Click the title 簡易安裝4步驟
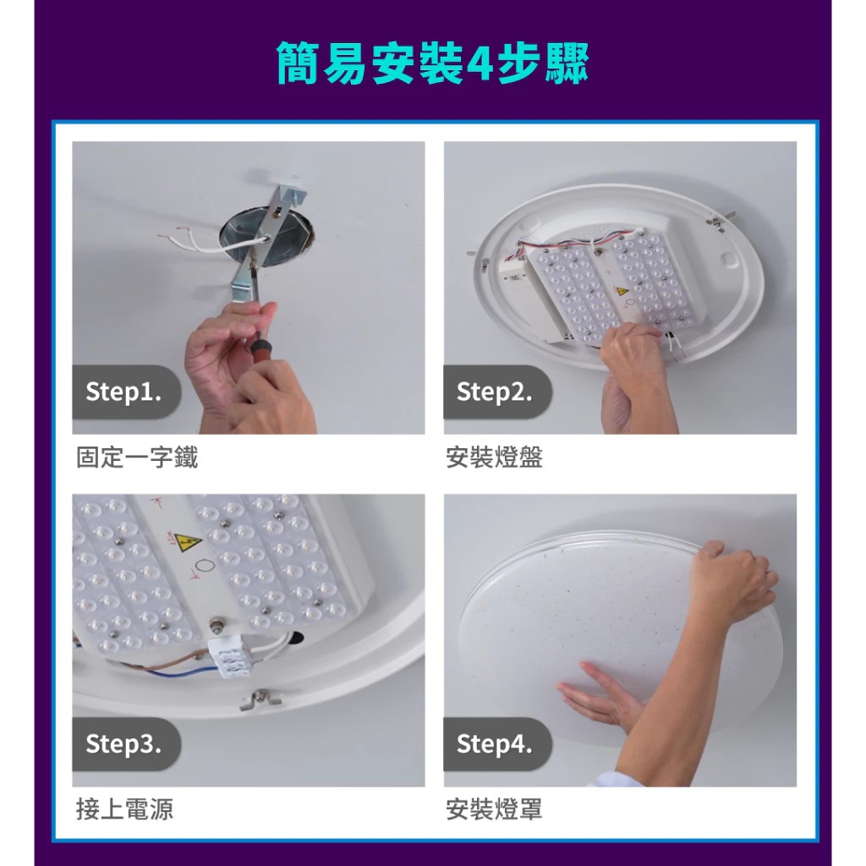click(433, 63)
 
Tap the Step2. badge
click(495, 392)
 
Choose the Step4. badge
click(495, 744)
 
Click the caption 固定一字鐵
click(137, 458)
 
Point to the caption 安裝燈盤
click(494, 458)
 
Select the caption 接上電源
click(124, 809)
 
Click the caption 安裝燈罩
click(494, 809)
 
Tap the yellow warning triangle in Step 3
click(188, 540)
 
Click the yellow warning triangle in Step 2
click(622, 290)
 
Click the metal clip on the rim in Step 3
click(260, 699)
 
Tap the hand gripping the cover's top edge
click(732, 579)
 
